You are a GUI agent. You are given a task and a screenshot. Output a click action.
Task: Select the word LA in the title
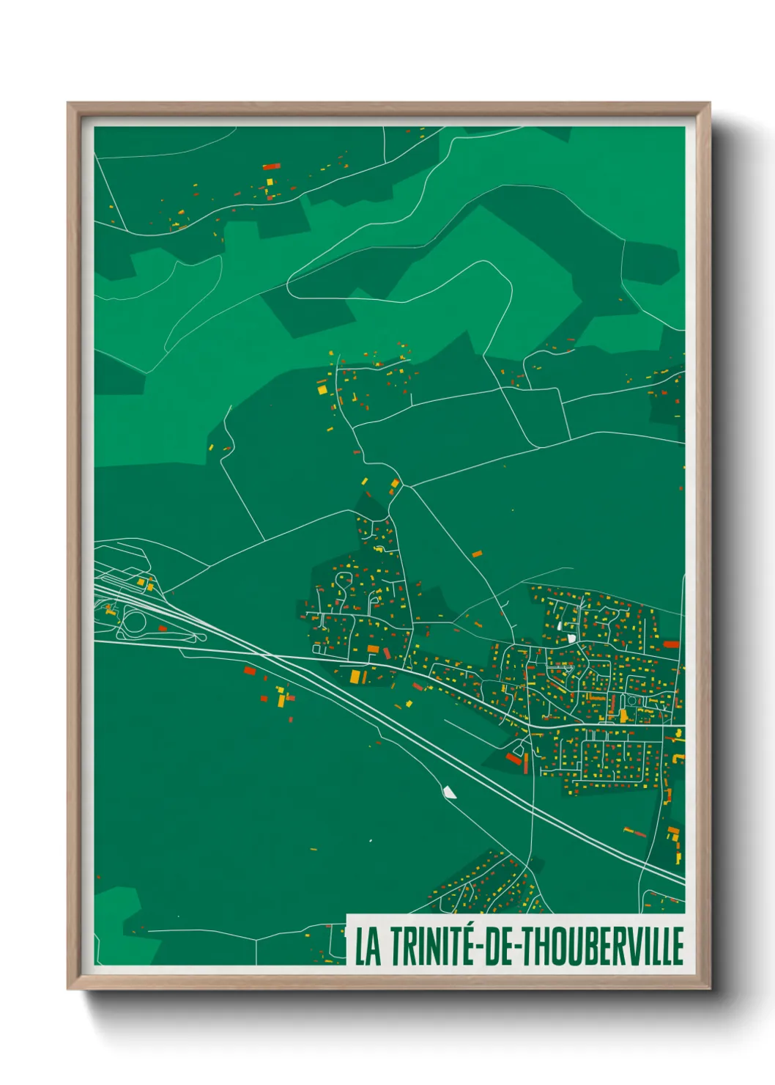(x=368, y=946)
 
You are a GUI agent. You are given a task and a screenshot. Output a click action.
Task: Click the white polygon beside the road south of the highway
(x=449, y=792)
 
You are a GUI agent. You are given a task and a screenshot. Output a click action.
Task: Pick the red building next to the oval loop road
(x=163, y=628)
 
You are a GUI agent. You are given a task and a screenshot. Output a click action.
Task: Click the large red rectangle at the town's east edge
(x=671, y=644)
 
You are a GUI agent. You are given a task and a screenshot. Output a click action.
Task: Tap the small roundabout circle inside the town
(x=631, y=701)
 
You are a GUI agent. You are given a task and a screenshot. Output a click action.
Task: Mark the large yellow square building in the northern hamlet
(x=322, y=390)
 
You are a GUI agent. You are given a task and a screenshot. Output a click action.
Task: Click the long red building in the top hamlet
(x=270, y=166)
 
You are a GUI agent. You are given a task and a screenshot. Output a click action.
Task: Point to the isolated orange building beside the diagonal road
(x=477, y=553)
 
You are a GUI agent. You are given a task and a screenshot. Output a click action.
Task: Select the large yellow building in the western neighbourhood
(x=356, y=677)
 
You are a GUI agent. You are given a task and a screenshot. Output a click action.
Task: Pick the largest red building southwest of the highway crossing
(x=250, y=670)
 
